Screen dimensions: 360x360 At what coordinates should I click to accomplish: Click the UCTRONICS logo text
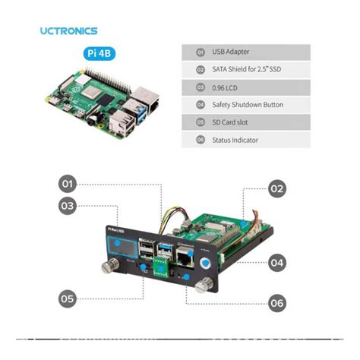68,31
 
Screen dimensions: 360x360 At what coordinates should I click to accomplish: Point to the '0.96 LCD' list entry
226,87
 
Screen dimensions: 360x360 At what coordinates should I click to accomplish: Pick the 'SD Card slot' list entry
231,122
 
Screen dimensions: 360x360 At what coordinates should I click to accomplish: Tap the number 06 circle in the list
201,139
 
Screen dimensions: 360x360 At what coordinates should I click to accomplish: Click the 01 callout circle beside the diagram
68,184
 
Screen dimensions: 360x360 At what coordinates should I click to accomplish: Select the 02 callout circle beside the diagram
276,189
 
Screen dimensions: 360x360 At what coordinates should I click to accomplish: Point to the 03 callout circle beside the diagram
68,204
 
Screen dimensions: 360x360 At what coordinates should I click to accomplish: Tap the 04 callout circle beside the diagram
277,263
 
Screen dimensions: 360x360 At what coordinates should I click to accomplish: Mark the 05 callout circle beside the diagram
68,298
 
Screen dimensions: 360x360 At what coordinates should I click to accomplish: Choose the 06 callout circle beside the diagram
277,303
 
